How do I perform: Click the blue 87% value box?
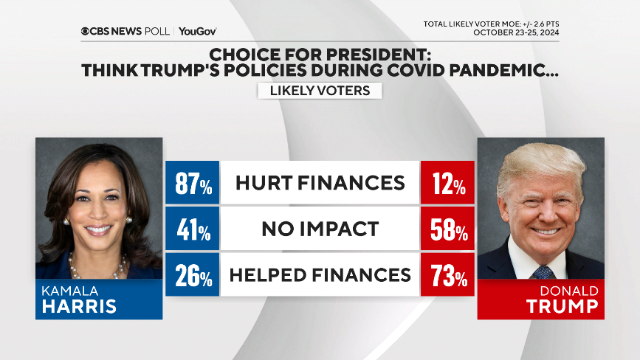click(193, 184)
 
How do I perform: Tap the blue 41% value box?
click(193, 229)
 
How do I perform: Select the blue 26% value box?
click(193, 275)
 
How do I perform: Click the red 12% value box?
click(447, 184)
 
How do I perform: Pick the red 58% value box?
click(447, 229)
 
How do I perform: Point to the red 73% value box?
click(447, 275)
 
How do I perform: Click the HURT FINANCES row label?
click(320, 183)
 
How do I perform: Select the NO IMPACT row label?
click(320, 229)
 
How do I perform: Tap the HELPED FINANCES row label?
click(320, 275)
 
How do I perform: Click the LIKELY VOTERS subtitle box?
click(320, 90)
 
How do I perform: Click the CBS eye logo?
click(86, 31)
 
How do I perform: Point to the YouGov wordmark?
click(197, 31)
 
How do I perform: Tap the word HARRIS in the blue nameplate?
click(80, 306)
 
